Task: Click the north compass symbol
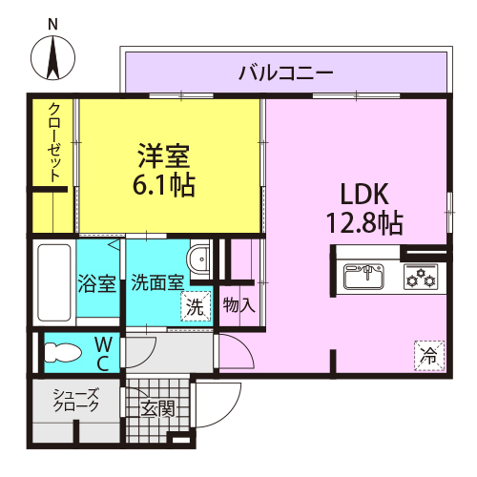(53, 58)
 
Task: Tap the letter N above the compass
(52, 25)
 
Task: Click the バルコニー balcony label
(286, 73)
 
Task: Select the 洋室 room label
(164, 156)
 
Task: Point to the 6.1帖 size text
(164, 184)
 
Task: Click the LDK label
(364, 194)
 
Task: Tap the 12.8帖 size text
(364, 222)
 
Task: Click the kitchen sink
(363, 277)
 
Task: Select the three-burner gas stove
(421, 277)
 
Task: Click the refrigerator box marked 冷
(429, 356)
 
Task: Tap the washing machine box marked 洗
(196, 306)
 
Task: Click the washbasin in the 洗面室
(197, 259)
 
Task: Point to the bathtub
(54, 282)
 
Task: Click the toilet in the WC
(63, 352)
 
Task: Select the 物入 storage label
(239, 305)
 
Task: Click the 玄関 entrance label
(158, 408)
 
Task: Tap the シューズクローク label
(76, 400)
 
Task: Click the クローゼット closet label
(54, 143)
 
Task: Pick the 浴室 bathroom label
(97, 283)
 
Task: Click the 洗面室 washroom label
(158, 282)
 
